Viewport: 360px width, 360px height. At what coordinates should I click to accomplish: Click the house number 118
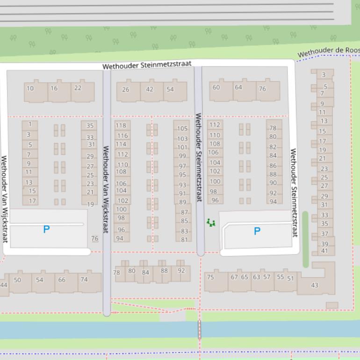121,125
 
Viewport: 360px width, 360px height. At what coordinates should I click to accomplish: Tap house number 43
314,285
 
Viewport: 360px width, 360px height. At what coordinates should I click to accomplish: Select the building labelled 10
30,88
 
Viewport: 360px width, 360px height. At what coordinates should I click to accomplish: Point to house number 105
182,129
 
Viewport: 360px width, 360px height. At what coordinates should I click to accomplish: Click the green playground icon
211,223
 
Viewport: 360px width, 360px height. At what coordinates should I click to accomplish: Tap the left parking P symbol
46,229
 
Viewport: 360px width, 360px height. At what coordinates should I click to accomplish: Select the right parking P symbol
257,231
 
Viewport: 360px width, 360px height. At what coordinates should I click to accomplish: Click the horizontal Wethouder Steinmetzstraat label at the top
147,65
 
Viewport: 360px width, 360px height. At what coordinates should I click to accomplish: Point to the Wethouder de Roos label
328,51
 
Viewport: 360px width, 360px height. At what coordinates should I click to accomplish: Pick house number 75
210,277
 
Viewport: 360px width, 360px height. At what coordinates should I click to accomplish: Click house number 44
4,285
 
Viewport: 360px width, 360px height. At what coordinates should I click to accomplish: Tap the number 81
184,239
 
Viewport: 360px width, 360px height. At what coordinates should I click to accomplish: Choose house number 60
216,87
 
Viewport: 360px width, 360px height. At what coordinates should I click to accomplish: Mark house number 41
324,251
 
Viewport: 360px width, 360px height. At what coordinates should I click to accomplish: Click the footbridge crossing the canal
200,329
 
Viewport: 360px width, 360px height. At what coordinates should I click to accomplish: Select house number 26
126,89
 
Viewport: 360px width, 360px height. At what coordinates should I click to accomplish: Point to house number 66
62,280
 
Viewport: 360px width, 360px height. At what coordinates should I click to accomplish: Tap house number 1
29,124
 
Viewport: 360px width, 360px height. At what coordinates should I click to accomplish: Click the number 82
273,147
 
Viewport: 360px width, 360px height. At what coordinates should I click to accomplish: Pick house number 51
291,279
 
